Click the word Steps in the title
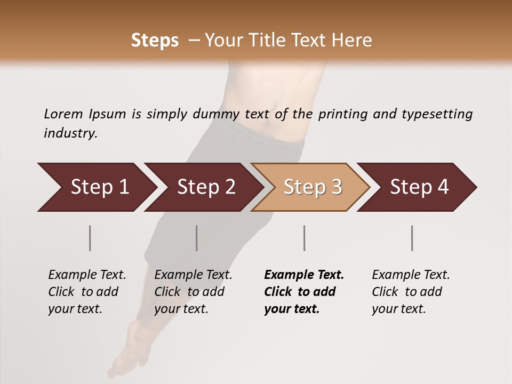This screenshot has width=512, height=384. [155, 41]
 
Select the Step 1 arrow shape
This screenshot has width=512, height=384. [96, 187]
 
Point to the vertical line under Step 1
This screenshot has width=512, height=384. [90, 238]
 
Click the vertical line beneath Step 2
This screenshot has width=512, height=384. [197, 238]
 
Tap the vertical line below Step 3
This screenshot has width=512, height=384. [304, 238]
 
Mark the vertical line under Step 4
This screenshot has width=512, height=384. [412, 238]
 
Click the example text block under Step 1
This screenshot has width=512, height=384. [86, 292]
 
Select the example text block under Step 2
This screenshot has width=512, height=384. [193, 292]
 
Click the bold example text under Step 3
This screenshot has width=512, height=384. [303, 292]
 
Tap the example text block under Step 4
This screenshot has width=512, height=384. [410, 292]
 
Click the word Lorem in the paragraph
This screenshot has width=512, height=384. [63, 114]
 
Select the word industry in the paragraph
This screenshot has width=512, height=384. [70, 133]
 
